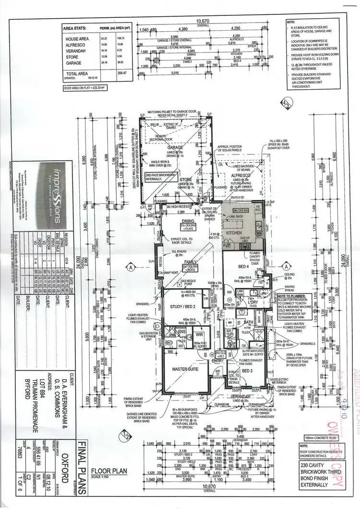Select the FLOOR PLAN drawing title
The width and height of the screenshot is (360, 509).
(x=109, y=471)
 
